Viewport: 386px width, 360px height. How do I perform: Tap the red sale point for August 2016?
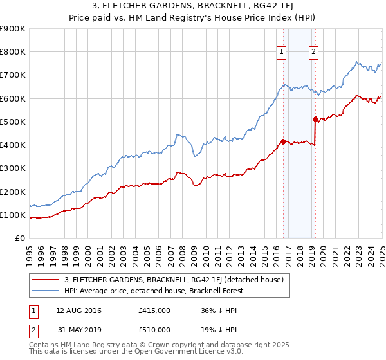tap(283, 141)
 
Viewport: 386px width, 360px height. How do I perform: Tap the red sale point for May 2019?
tap(315, 119)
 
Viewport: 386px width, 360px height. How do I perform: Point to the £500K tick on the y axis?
tap(14, 122)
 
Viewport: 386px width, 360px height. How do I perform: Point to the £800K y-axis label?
tap(14, 52)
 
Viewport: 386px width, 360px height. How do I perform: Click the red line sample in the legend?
tap(44, 279)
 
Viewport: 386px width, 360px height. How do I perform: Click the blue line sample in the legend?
tap(44, 290)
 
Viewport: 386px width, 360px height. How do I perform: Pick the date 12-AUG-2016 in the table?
tap(78, 310)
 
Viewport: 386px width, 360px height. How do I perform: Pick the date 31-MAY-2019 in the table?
tap(78, 330)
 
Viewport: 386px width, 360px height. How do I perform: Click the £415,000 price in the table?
tap(154, 310)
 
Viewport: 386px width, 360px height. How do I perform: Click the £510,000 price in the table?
tap(154, 330)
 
